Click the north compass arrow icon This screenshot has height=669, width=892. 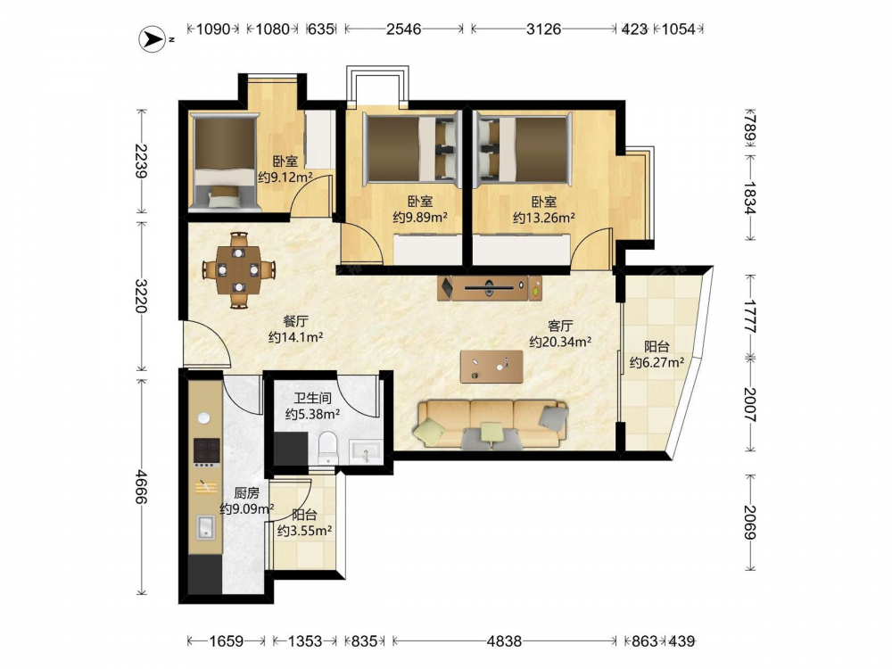coord(153,39)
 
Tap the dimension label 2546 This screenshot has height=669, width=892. coord(404,29)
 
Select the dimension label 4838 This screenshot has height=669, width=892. coord(504,641)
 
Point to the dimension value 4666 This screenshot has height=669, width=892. coord(141,486)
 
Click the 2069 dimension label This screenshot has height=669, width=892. coord(750,523)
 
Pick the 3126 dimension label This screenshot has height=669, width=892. coord(543,29)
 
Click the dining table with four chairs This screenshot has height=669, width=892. coord(239,269)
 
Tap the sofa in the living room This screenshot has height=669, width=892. coord(492,424)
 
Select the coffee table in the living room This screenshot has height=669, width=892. coord(491,366)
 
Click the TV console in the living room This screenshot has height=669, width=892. coord(490,288)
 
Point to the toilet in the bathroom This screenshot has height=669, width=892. coord(328,447)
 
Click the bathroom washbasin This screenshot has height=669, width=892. coord(366,452)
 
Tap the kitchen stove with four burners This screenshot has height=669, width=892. coord(206,451)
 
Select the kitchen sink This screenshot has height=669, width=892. coord(206,527)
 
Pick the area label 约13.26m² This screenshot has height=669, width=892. coord(543,218)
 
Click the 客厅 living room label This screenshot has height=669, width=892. coord(560,326)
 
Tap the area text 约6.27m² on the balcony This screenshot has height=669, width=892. coord(657,362)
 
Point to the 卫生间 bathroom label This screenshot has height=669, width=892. coord(312,398)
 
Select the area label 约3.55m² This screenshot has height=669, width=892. coord(304,531)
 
